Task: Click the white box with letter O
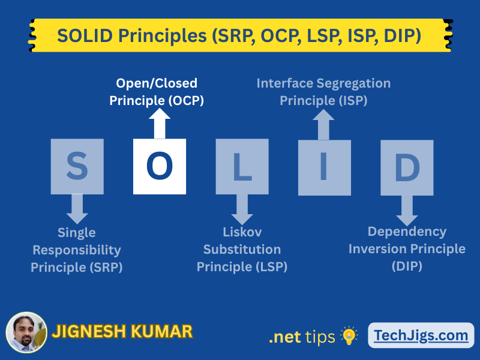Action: pyautogui.click(x=160, y=167)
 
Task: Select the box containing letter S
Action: pyautogui.click(x=77, y=167)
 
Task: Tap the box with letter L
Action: pyautogui.click(x=242, y=167)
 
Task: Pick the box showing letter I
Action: pyautogui.click(x=325, y=168)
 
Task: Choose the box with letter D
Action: pyautogui.click(x=407, y=168)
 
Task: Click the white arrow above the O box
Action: pyautogui.click(x=160, y=124)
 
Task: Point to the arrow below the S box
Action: pyautogui.click(x=77, y=209)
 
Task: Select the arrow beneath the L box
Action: pyautogui.click(x=242, y=209)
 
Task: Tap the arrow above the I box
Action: pyautogui.click(x=323, y=125)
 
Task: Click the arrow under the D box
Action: pyautogui.click(x=407, y=211)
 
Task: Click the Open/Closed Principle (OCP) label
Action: pyautogui.click(x=157, y=92)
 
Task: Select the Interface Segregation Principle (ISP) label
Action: pyautogui.click(x=323, y=92)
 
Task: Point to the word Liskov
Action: pyautogui.click(x=242, y=232)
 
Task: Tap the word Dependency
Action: pyautogui.click(x=407, y=232)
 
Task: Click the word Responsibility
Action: pyautogui.click(x=77, y=250)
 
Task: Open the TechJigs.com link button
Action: pyautogui.click(x=421, y=335)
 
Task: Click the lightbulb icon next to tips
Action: pyautogui.click(x=349, y=335)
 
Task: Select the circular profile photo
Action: pyautogui.click(x=26, y=332)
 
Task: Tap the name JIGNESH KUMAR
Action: pyautogui.click(x=122, y=332)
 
